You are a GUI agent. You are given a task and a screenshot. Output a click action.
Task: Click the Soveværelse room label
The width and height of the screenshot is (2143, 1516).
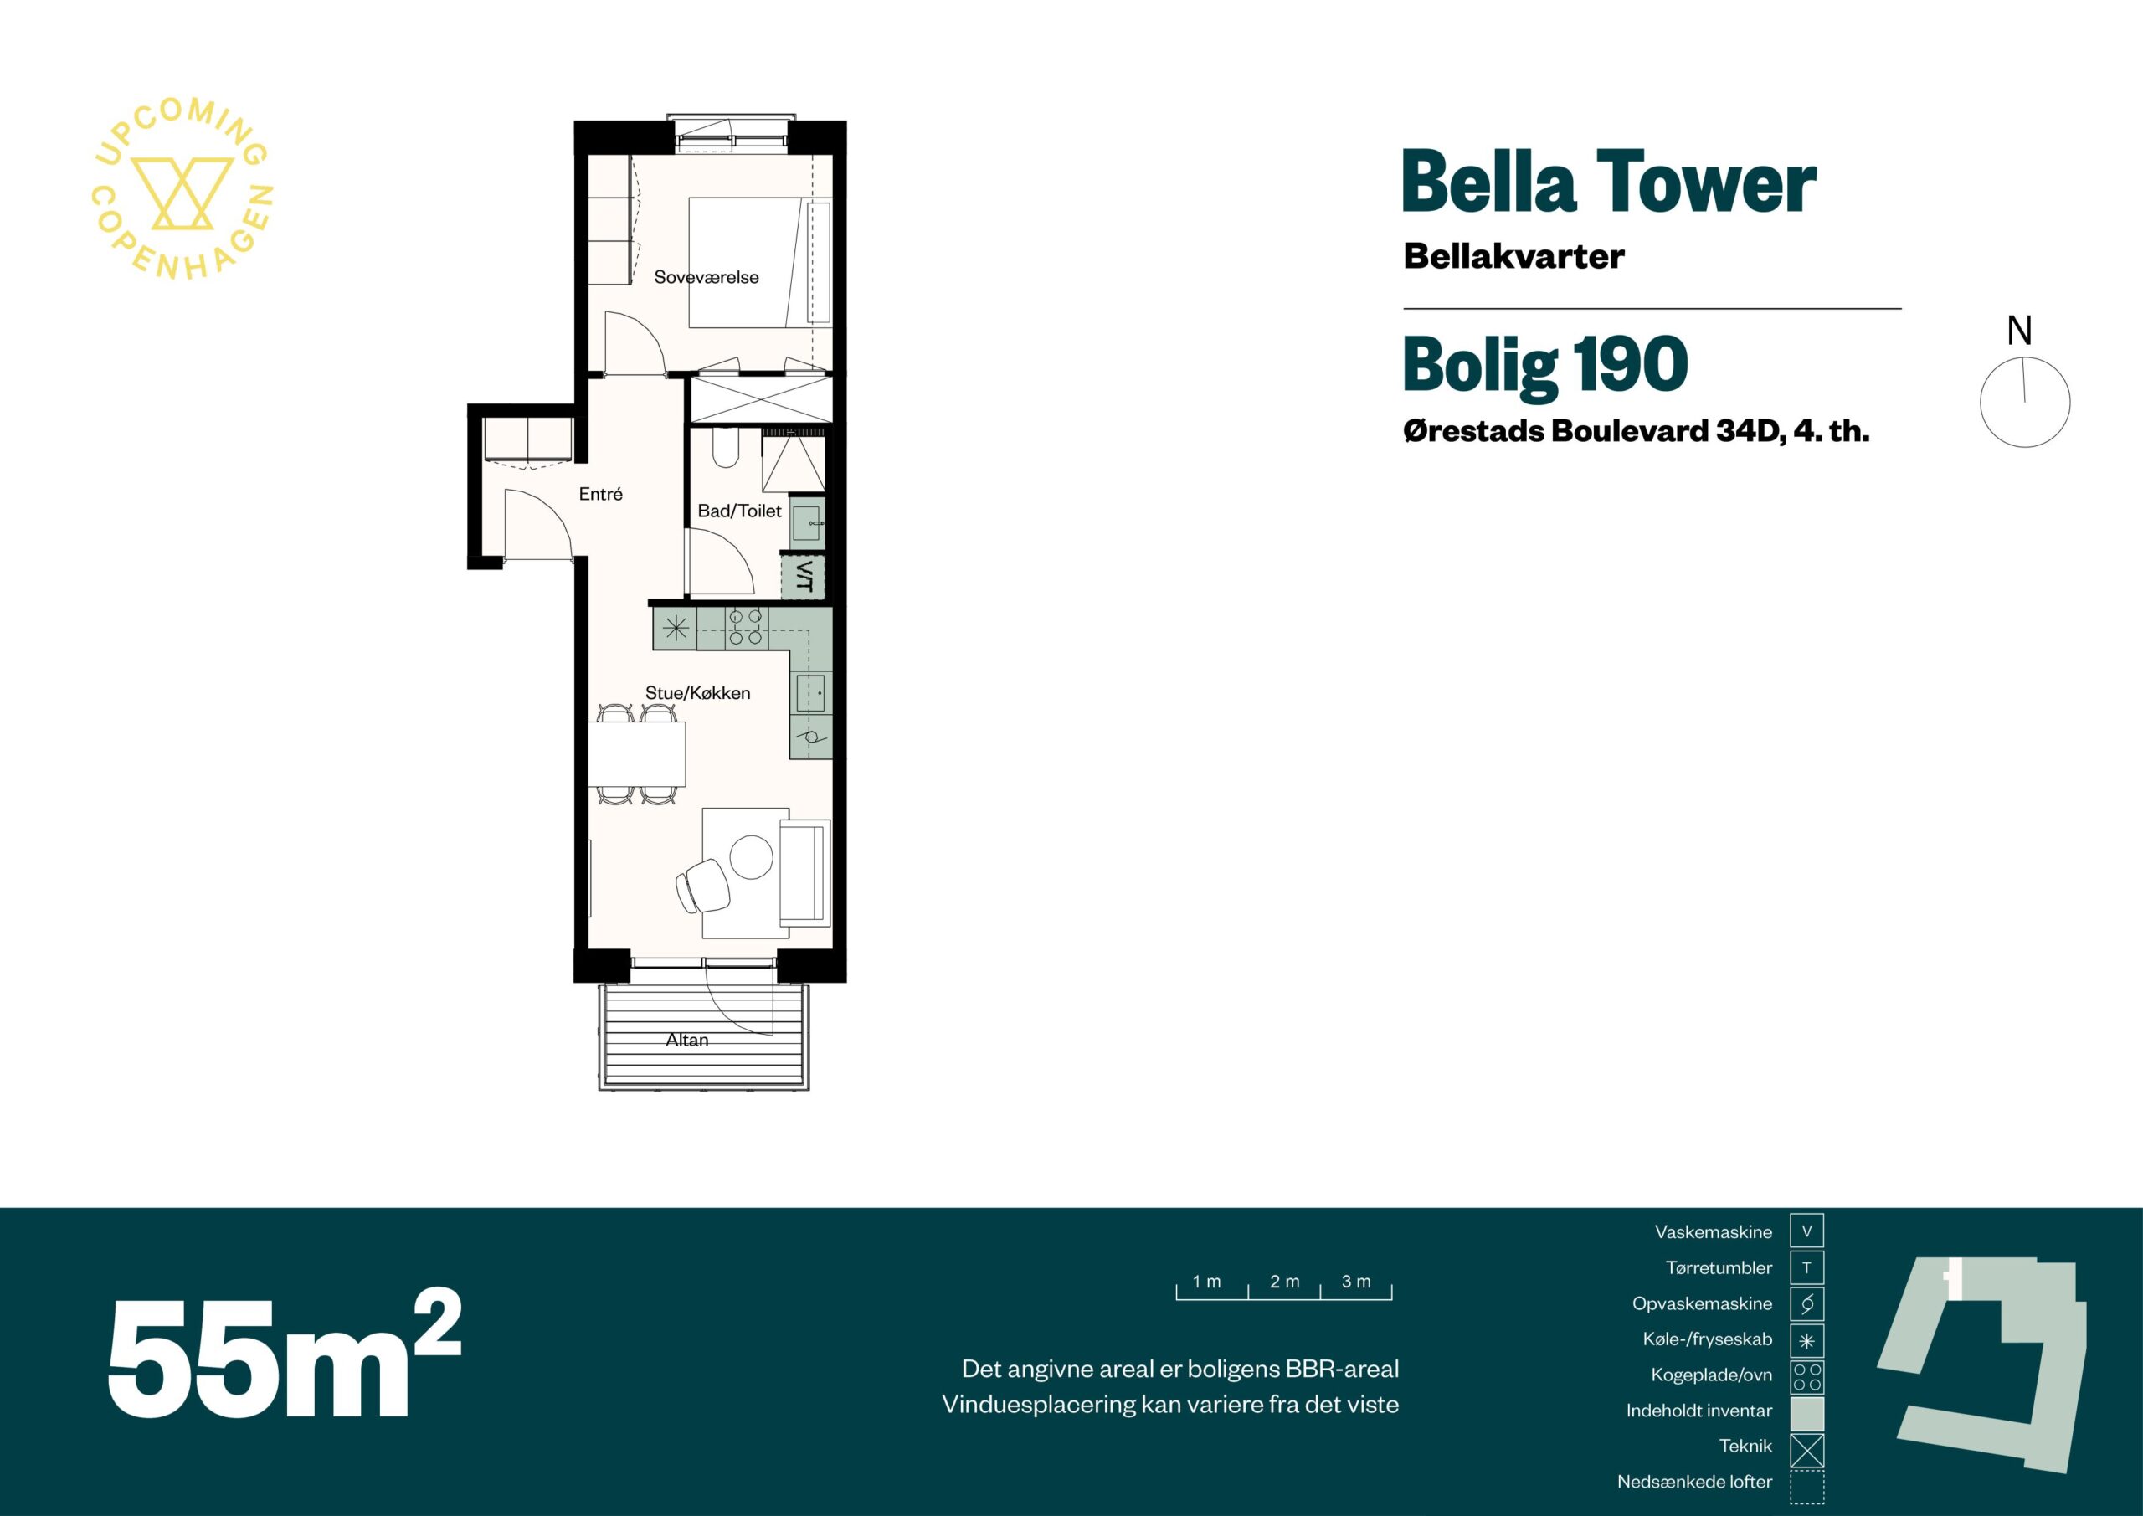(x=707, y=277)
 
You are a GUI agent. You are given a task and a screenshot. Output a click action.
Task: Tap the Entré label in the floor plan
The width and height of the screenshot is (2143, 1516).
(x=600, y=494)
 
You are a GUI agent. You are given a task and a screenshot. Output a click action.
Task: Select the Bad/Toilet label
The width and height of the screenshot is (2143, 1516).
(x=739, y=511)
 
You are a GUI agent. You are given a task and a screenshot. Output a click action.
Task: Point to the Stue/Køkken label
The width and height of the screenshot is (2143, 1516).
(x=697, y=692)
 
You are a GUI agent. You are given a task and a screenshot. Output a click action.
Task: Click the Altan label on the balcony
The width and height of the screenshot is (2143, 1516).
(x=687, y=1040)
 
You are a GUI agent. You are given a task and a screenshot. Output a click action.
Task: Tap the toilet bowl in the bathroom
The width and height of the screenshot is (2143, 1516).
(x=725, y=447)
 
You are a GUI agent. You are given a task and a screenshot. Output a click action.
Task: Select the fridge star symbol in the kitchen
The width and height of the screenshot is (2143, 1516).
(x=675, y=628)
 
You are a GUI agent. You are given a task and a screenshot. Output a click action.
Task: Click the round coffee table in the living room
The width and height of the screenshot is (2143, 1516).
(x=752, y=856)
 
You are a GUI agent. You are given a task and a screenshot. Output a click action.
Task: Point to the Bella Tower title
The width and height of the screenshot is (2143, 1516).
(x=1609, y=183)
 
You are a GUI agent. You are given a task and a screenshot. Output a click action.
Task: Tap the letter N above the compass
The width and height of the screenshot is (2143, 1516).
(x=2019, y=331)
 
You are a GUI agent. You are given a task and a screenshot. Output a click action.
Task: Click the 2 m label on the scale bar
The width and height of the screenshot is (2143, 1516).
(x=1284, y=1282)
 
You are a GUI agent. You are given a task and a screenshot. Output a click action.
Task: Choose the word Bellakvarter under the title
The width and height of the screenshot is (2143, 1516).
(x=1514, y=257)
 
